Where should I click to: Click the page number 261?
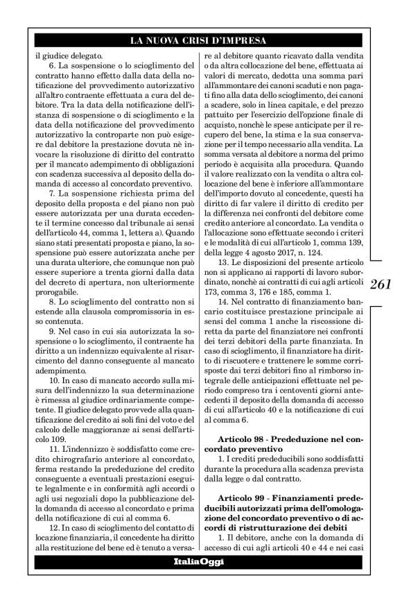pos(382,285)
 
